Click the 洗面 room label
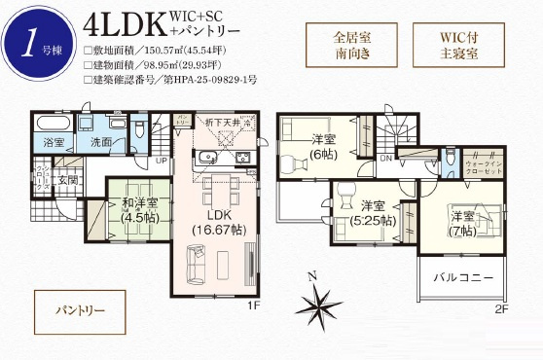coord(100,142)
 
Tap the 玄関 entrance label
coord(68,179)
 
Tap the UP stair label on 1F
coord(161,159)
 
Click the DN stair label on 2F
coord(384,159)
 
